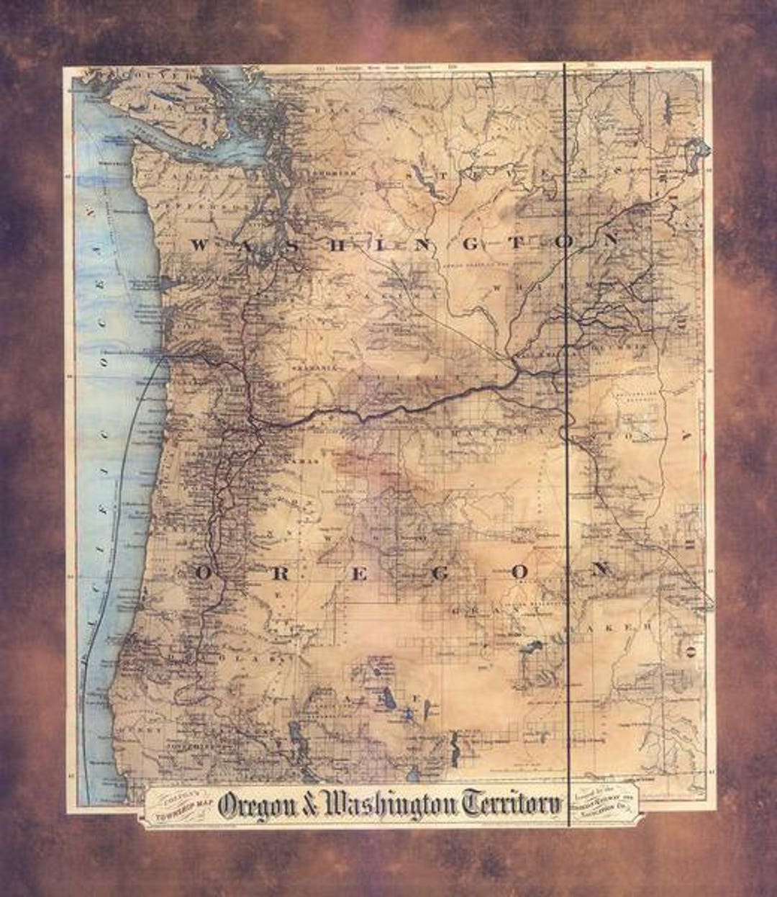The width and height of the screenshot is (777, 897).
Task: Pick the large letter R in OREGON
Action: (281, 573)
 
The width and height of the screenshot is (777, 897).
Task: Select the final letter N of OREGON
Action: (599, 570)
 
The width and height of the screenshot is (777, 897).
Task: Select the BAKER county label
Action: (612, 628)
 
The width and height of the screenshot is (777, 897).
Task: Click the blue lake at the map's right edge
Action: (697, 150)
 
